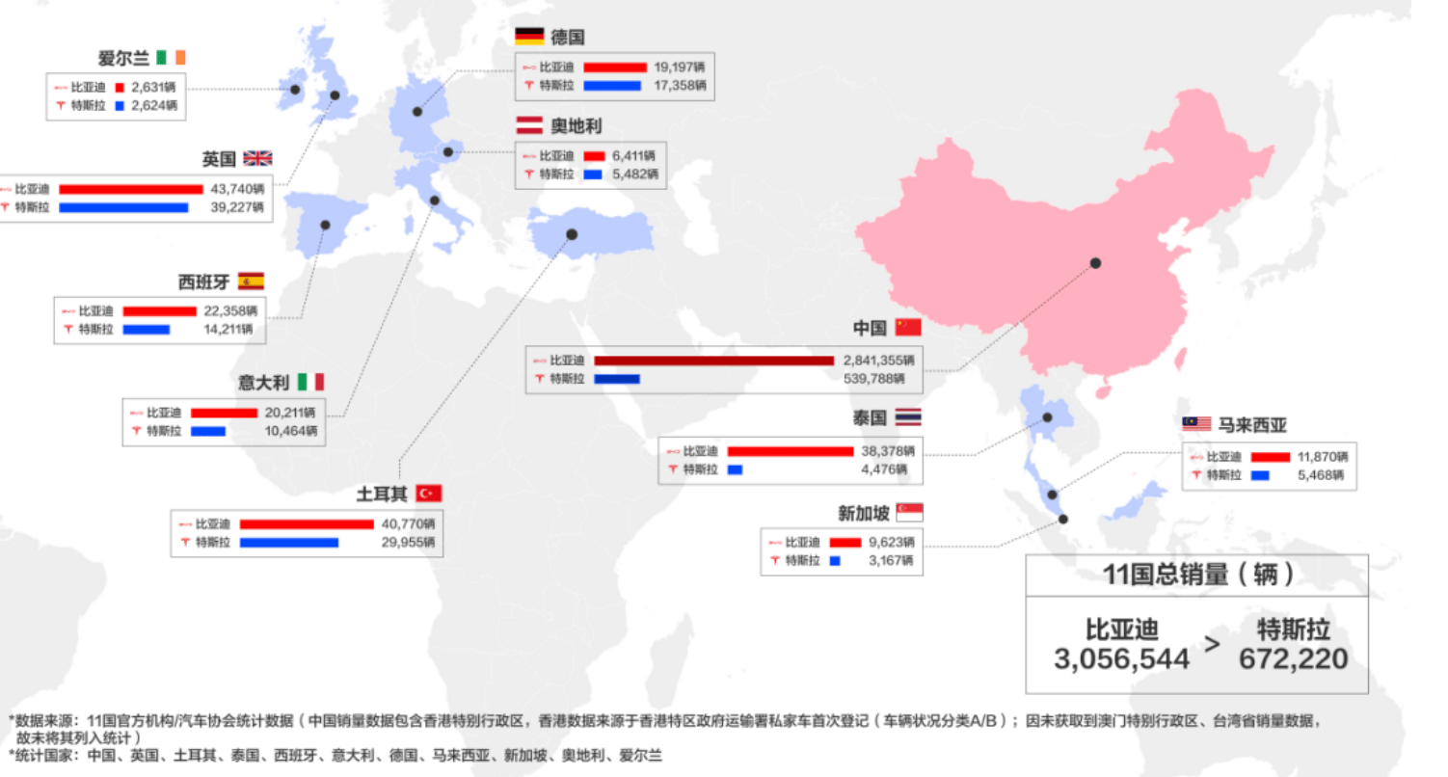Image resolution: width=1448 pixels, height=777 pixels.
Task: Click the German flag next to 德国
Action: (x=529, y=37)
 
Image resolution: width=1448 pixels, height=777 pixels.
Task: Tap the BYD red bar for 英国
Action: (x=131, y=189)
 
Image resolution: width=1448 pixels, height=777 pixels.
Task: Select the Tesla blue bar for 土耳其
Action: (x=289, y=543)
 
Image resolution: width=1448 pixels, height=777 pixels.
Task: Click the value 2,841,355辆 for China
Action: (x=878, y=360)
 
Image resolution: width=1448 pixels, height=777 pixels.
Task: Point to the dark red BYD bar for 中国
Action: (x=713, y=360)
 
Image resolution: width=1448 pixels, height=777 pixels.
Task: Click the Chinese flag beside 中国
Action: (x=908, y=327)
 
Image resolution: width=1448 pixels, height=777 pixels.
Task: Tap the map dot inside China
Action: (x=1095, y=263)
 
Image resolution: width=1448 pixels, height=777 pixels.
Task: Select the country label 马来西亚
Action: (x=1251, y=424)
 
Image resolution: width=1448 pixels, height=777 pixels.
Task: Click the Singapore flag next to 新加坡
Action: (x=909, y=513)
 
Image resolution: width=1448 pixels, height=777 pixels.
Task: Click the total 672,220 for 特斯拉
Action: (x=1293, y=659)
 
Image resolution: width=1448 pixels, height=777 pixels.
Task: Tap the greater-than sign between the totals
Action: (x=1212, y=644)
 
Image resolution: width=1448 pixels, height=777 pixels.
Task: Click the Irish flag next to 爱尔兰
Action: (x=171, y=57)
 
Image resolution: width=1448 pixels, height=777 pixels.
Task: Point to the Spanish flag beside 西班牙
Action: (x=251, y=281)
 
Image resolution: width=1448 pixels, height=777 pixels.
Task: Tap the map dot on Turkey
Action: (x=572, y=234)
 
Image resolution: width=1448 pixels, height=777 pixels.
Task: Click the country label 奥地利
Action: (x=577, y=125)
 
